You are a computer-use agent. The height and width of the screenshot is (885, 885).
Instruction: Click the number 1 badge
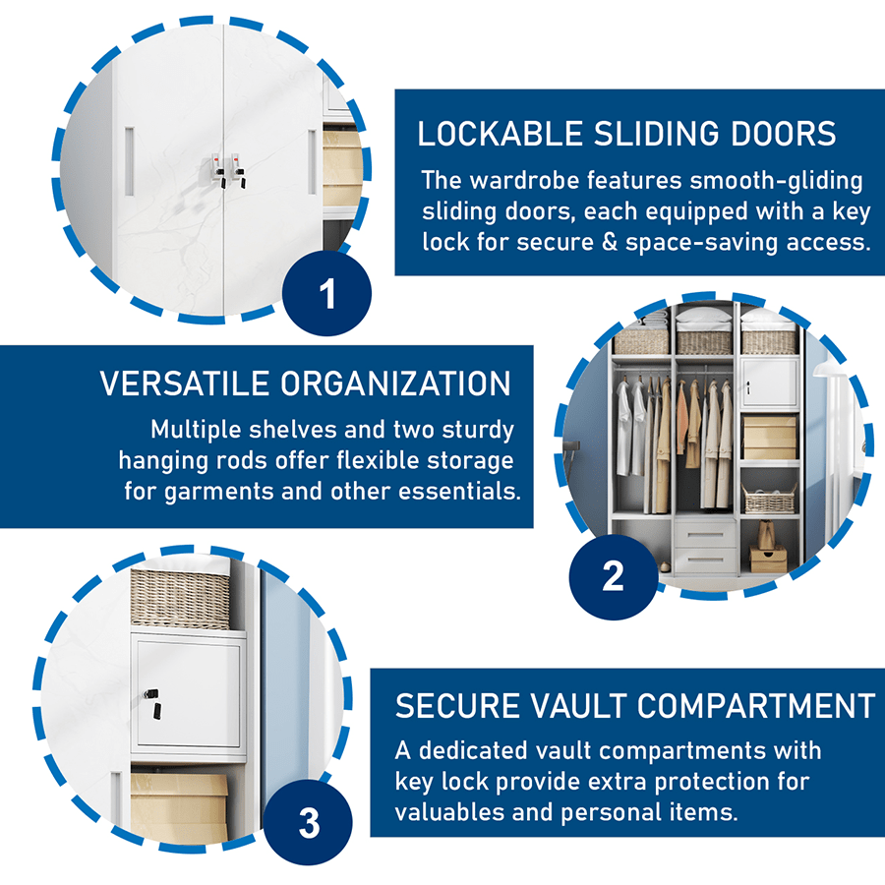pos(327,293)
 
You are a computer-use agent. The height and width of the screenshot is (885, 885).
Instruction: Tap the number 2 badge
pos(613,574)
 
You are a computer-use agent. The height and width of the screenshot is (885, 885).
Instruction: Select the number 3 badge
pos(309,822)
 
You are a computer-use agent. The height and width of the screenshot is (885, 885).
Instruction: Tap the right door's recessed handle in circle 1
pos(313,160)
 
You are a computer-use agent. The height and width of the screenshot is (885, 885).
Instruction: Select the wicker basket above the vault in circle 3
pos(181,599)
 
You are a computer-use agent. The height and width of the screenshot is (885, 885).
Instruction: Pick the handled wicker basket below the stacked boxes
pos(768,499)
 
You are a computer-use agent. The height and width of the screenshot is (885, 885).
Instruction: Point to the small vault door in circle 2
pos(767,383)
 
